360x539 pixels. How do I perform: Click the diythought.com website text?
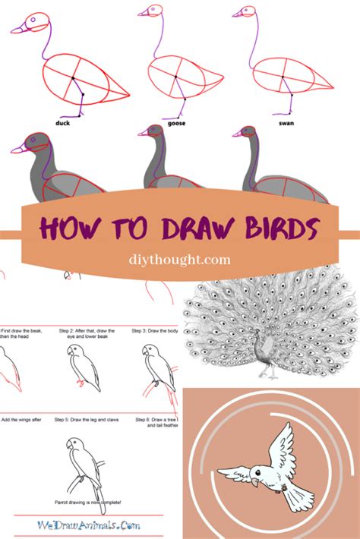pos(180,260)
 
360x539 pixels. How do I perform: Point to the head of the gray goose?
pos(154,132)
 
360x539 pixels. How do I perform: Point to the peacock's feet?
pos(267,377)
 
